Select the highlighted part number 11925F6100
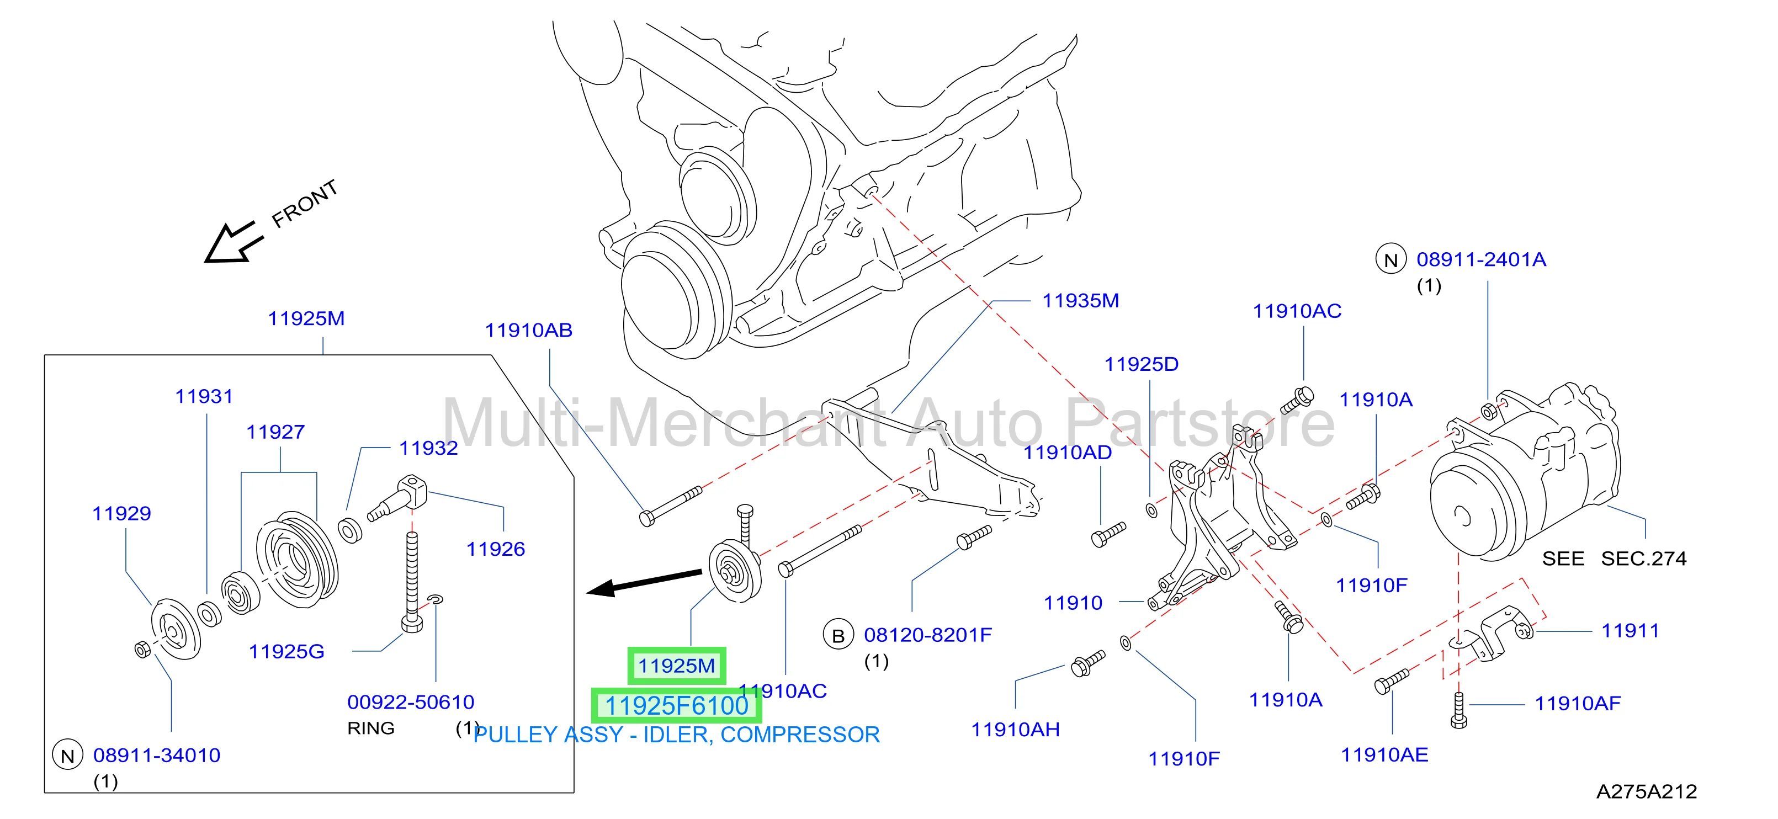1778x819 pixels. point(676,706)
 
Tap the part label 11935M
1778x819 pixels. point(1080,301)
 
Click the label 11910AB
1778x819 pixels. point(529,331)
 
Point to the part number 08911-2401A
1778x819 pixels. point(1481,259)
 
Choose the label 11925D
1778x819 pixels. point(1142,364)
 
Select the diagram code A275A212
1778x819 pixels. point(1647,791)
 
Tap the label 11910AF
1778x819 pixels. point(1578,704)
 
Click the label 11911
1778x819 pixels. point(1630,631)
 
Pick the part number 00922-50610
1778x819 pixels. point(411,703)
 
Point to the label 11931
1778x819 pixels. point(204,397)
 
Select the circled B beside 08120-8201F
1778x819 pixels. point(838,635)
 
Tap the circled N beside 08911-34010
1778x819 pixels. point(68,756)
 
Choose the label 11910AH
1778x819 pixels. point(1015,730)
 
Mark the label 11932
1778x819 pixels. point(428,449)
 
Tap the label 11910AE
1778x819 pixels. point(1384,755)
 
